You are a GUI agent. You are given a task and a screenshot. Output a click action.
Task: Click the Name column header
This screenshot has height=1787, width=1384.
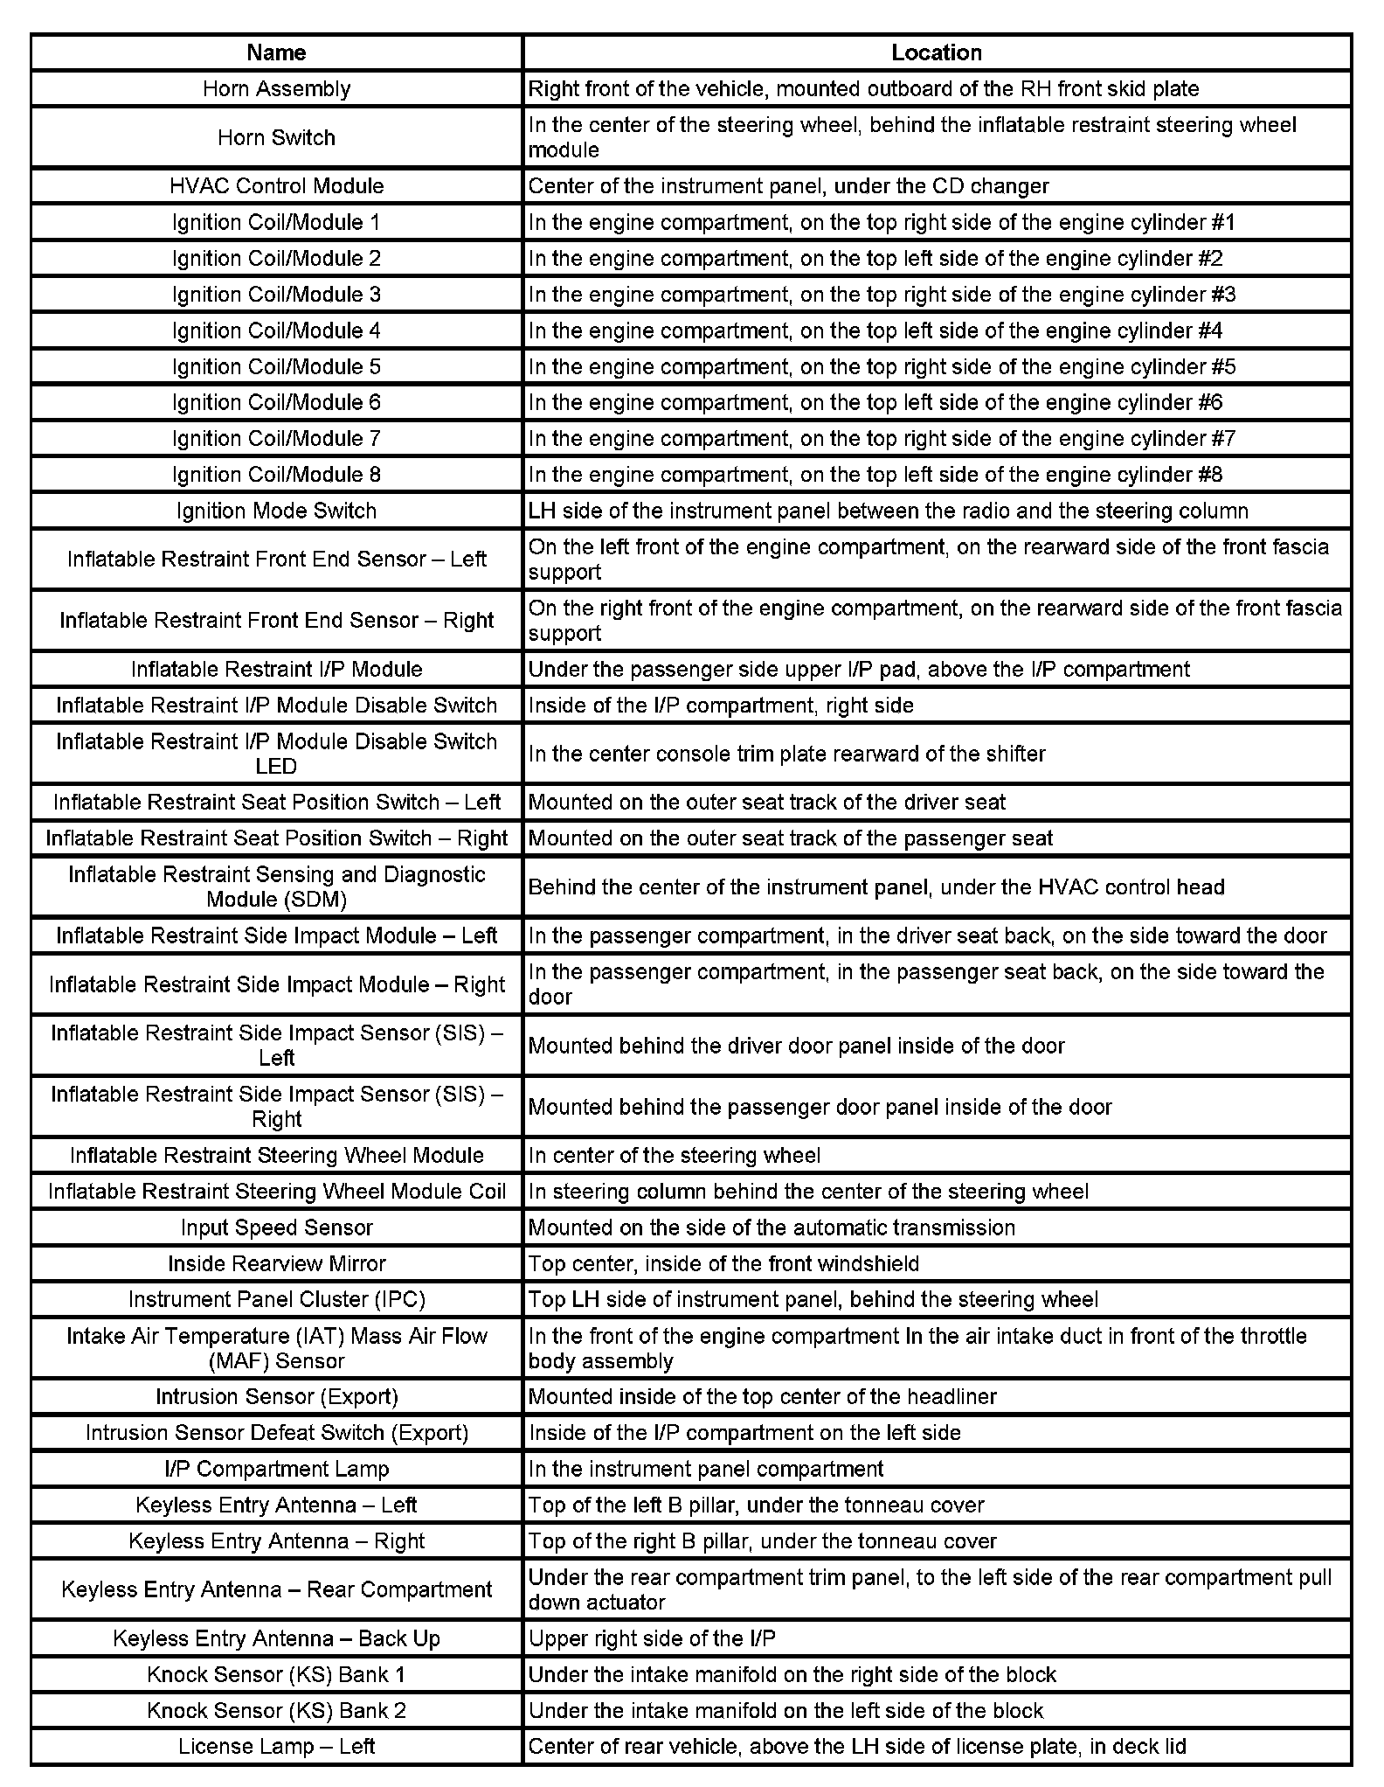pos(276,52)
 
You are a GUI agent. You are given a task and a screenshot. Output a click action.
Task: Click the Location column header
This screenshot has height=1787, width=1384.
pos(936,52)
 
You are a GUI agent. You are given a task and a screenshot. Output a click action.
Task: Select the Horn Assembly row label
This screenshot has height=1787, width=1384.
pos(276,88)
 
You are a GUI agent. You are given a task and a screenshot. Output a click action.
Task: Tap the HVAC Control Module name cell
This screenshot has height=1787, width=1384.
pos(276,185)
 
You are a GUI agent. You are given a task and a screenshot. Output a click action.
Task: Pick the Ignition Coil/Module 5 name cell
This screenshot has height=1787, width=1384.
pos(276,366)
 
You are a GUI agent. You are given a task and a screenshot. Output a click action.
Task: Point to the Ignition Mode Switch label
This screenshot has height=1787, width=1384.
pos(276,511)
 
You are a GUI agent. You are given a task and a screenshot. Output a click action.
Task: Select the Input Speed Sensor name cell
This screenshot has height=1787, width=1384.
pos(276,1227)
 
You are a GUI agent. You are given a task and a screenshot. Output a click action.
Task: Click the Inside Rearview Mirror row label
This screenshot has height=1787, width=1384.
pos(276,1263)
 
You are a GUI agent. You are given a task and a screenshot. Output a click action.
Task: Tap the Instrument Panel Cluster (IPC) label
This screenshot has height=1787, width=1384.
pos(276,1299)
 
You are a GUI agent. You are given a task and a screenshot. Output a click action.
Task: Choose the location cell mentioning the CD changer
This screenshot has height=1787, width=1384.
pos(788,185)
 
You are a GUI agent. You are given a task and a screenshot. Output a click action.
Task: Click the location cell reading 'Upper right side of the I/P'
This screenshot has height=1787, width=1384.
pos(652,1638)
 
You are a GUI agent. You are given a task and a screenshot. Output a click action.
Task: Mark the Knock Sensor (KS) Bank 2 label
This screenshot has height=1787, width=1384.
pos(276,1710)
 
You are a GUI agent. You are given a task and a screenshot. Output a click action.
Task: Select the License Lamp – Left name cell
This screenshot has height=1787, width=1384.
pos(276,1747)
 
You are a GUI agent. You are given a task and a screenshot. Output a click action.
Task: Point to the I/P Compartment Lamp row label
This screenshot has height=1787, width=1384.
pos(276,1469)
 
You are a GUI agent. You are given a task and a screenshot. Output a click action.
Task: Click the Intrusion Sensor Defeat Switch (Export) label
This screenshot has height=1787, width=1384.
pos(276,1433)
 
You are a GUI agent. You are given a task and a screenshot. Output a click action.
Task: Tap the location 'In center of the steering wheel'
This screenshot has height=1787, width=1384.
pos(675,1155)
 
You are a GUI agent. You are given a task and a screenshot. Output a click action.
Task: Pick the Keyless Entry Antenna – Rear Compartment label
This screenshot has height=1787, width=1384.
pos(276,1589)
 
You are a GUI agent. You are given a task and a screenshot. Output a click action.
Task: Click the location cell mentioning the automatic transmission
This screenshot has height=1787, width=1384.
pos(772,1227)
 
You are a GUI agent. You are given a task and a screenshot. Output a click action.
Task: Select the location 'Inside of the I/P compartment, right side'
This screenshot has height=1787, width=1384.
pos(721,705)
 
